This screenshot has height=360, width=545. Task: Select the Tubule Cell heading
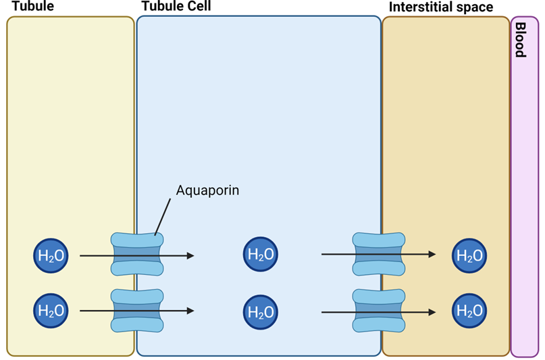tap(176, 7)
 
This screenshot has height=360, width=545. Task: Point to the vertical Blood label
tap(521, 39)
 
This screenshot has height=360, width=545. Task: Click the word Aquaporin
tap(207, 190)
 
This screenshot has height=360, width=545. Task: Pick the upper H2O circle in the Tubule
tap(51, 255)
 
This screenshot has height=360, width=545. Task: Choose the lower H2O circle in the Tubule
tap(51, 311)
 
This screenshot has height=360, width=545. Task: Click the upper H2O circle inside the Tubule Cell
tap(261, 255)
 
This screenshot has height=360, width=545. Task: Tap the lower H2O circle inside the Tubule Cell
tap(261, 311)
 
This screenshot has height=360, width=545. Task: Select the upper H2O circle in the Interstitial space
tap(470, 255)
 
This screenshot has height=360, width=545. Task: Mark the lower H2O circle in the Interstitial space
tap(470, 311)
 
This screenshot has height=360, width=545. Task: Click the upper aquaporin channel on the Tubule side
tap(137, 254)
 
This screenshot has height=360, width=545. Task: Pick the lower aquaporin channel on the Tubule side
tap(137, 311)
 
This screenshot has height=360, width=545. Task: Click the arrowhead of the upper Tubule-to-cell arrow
tap(190, 255)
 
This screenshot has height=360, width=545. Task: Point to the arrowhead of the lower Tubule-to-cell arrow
tap(190, 311)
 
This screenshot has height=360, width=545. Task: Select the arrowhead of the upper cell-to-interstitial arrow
tap(432, 255)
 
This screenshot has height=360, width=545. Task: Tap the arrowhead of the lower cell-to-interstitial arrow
tap(432, 311)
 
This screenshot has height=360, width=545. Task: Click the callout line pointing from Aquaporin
tap(163, 217)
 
